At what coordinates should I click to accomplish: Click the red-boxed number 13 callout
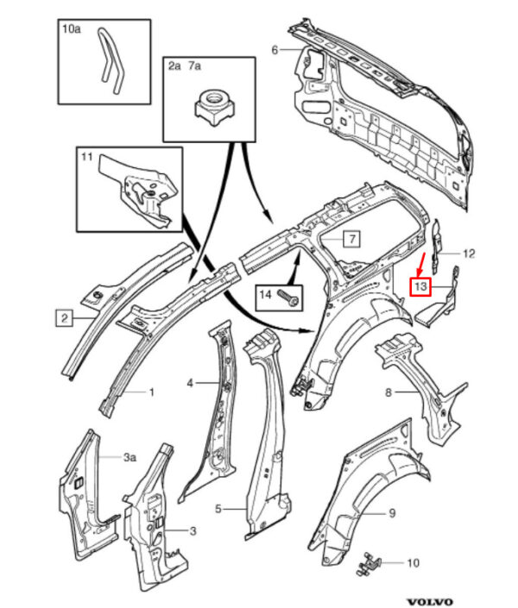pos(420,286)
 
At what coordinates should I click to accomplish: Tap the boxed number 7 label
pos(351,238)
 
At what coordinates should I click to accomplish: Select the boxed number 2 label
pos(64,318)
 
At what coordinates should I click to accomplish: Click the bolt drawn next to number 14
pos(289,298)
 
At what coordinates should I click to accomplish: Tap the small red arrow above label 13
pos(421,263)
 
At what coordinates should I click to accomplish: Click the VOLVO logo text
pos(430,601)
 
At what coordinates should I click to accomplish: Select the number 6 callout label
pos(275,50)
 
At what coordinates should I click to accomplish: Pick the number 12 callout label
pos(469,254)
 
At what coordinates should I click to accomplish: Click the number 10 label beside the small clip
pos(413,562)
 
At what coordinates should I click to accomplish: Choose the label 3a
pos(129,457)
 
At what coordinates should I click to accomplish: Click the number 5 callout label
pos(218,508)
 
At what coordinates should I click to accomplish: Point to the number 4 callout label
pos(190,383)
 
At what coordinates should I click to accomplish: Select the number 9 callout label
pos(392,513)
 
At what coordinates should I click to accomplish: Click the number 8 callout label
pos(388,392)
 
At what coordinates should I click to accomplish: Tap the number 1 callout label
pos(152,392)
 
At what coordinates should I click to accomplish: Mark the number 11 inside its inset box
pos(86,157)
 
